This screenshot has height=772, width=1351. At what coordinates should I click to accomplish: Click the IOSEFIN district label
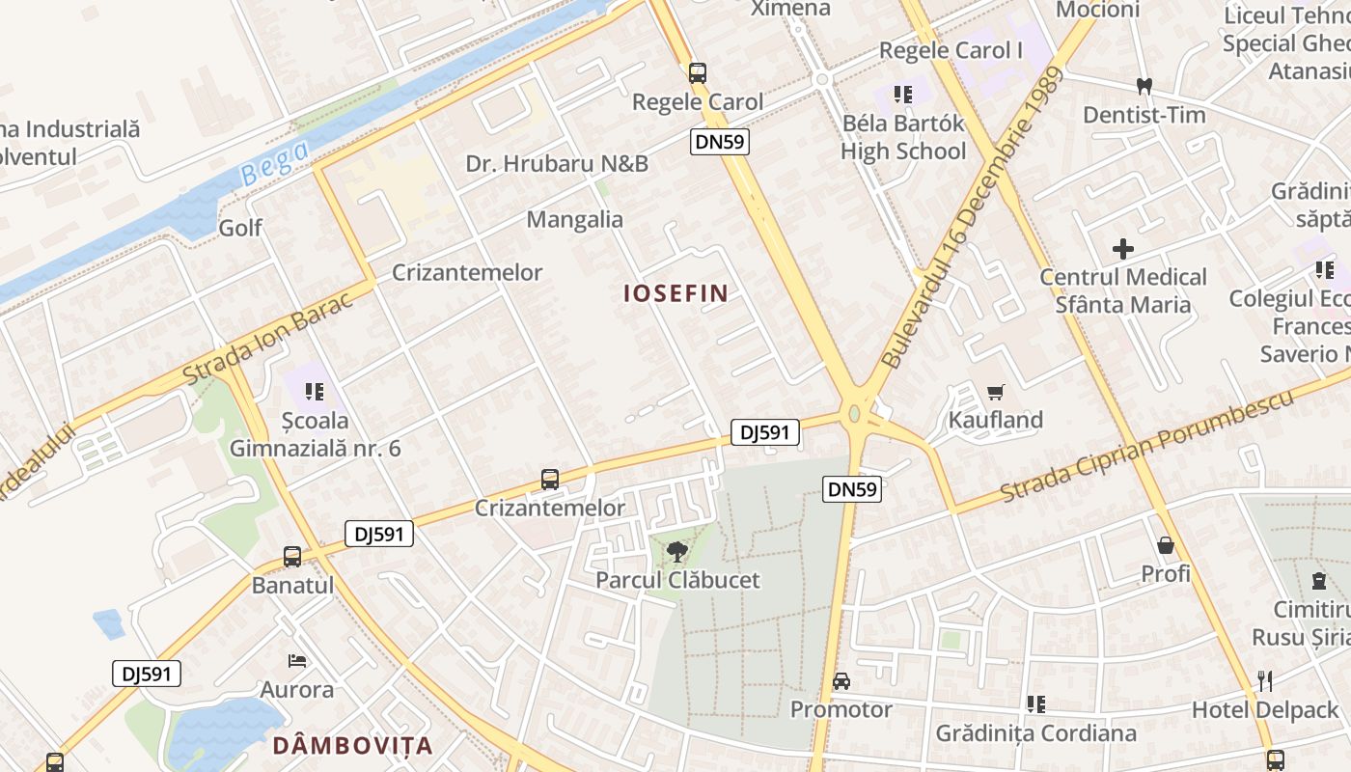coord(675,293)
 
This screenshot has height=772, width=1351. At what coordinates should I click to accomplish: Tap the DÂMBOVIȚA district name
coord(352,745)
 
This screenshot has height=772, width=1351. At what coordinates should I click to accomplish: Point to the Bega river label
coord(275,163)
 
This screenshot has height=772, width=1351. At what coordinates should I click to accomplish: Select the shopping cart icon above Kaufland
coord(996,392)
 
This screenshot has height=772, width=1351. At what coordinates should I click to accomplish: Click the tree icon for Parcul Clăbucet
coord(677,552)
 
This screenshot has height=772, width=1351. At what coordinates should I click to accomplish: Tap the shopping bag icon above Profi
coord(1166,546)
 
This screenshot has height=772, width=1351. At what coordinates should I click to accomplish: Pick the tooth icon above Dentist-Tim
coord(1144,86)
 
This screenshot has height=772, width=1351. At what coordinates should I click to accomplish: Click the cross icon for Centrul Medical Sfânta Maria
coord(1123,249)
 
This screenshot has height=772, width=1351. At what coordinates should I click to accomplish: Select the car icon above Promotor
coord(841,681)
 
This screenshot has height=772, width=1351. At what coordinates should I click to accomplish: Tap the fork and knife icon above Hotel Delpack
coord(1265,681)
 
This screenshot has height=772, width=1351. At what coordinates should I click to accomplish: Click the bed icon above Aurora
coord(297,661)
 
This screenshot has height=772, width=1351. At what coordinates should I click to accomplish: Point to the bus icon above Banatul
coord(292,557)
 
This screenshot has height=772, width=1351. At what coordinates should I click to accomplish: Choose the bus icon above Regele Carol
coord(697,72)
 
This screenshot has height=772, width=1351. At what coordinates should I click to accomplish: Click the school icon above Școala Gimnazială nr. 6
coord(314,392)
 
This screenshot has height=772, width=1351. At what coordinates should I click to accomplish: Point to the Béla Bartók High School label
coord(903,137)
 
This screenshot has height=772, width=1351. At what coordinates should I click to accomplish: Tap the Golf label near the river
coord(240,228)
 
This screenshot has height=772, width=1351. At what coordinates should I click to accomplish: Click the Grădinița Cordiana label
coord(1035,733)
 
